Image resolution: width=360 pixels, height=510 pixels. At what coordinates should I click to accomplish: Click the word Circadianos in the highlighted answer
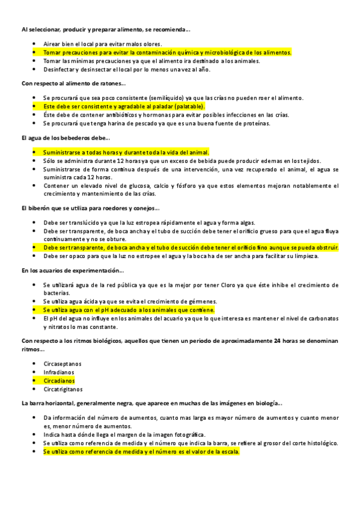59,381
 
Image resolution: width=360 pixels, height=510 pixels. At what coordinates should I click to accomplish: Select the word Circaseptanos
63,364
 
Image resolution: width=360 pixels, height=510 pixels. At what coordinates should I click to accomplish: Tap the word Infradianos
59,372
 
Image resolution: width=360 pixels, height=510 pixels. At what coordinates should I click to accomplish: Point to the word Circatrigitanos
64,390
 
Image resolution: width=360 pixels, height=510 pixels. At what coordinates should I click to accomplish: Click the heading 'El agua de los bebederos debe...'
63,138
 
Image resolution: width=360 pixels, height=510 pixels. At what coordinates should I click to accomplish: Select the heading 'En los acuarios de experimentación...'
72,270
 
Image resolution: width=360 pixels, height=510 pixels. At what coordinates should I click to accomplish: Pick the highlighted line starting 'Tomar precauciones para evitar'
167,52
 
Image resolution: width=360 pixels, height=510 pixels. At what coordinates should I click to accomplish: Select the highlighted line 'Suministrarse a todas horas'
126,152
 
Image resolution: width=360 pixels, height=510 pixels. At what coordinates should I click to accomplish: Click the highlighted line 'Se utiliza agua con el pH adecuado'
129,310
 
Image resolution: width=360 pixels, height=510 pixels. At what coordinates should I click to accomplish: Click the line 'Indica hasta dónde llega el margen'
124,434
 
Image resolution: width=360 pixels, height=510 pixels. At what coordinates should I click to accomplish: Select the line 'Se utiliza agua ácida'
130,301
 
